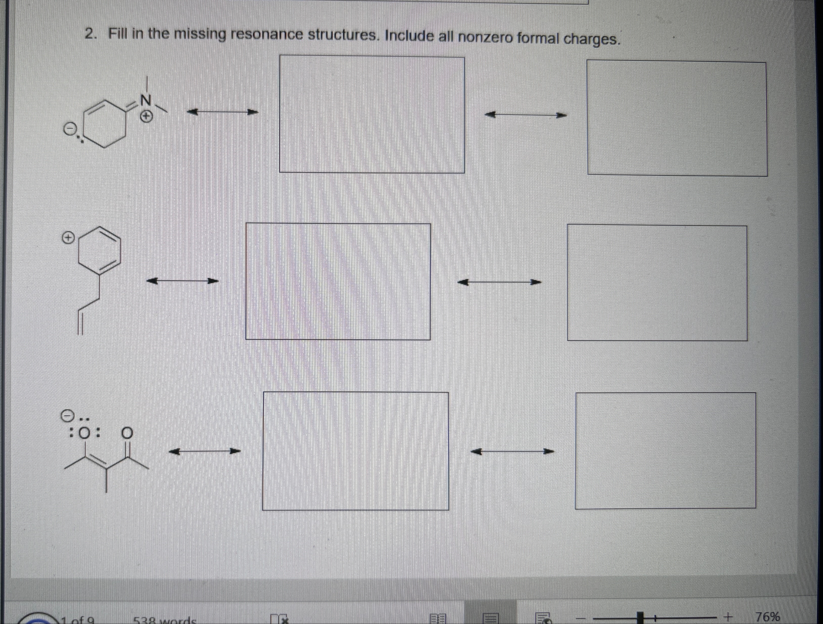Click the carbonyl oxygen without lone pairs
click(127, 433)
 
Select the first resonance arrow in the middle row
click(182, 281)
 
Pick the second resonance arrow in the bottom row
click(512, 452)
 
